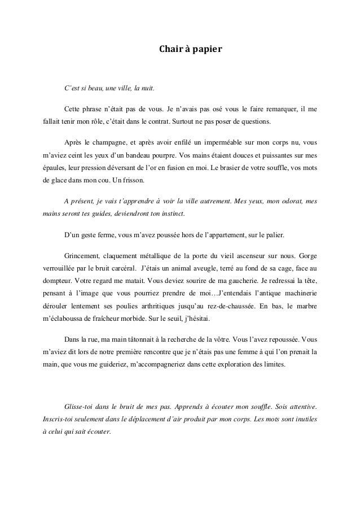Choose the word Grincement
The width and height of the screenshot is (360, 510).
point(84,254)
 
